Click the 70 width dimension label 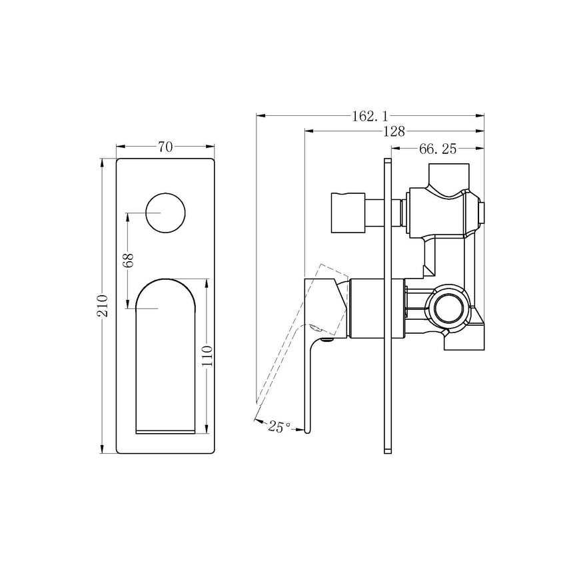pyautogui.click(x=165, y=147)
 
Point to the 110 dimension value pyautogui.click(x=208, y=356)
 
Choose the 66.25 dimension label pyautogui.click(x=438, y=149)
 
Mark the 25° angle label pyautogui.click(x=279, y=427)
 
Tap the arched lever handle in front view pyautogui.click(x=167, y=353)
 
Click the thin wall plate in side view pyautogui.click(x=388, y=306)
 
